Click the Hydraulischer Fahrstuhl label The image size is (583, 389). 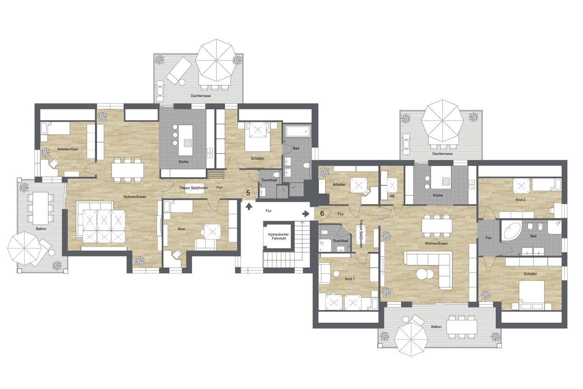pyautogui.click(x=278, y=236)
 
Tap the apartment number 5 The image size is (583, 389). pyautogui.click(x=248, y=193)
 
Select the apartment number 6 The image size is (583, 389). pyautogui.click(x=322, y=213)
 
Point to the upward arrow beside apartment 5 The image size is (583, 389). pyautogui.click(x=249, y=206)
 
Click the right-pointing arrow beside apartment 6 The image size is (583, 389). pyautogui.click(x=306, y=214)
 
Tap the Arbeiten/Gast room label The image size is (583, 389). pyautogui.click(x=68, y=149)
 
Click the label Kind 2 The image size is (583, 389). pyautogui.click(x=521, y=200)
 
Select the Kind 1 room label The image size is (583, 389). pyautogui.click(x=349, y=279)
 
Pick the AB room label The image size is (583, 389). pyautogui.click(x=392, y=196)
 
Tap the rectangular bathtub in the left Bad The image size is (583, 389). pyautogui.click(x=298, y=131)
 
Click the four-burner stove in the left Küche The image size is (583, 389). pyautogui.click(x=187, y=143)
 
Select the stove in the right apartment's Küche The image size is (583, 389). pyautogui.click(x=446, y=181)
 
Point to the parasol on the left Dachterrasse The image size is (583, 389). pyautogui.click(x=216, y=60)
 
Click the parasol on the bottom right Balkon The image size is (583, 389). pyautogui.click(x=411, y=339)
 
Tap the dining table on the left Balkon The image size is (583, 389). pyautogui.click(x=40, y=208)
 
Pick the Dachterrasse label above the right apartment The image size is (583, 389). pyautogui.click(x=443, y=154)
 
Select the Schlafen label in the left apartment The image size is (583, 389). pyautogui.click(x=257, y=158)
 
